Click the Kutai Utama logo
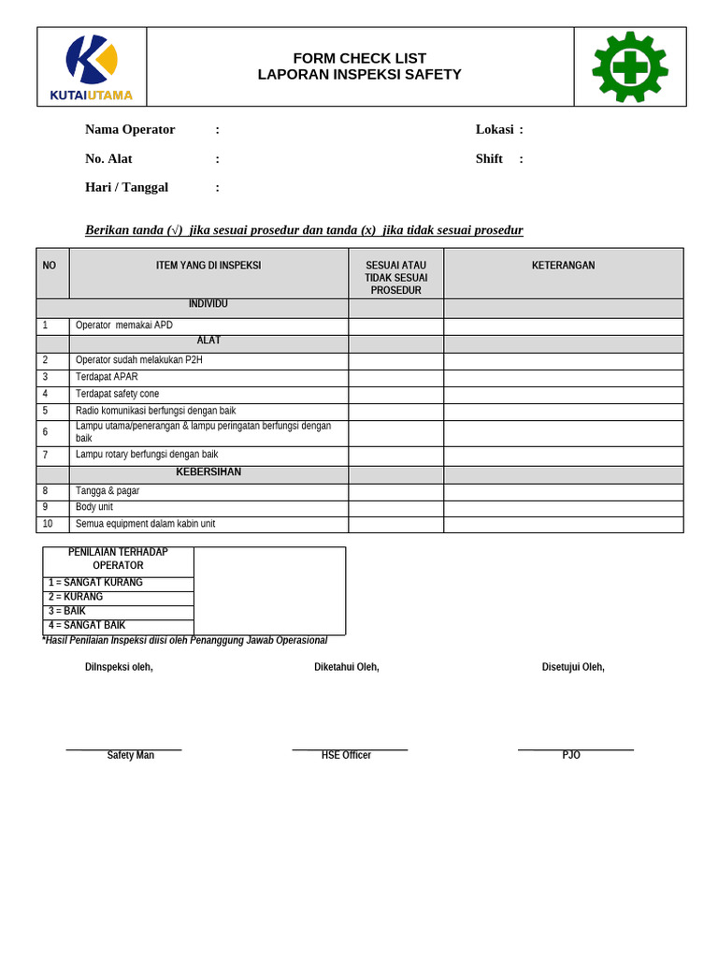(x=92, y=67)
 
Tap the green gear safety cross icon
(x=630, y=66)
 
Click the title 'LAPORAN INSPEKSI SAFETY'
(x=359, y=75)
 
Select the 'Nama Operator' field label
(x=130, y=130)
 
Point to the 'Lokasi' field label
(x=495, y=130)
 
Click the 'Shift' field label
(x=489, y=159)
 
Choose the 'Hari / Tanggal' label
(x=126, y=187)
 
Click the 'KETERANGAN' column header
(x=563, y=266)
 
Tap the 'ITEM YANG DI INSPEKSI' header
(x=208, y=266)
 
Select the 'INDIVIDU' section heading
(x=208, y=304)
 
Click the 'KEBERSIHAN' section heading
(x=208, y=472)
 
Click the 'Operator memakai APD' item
(x=123, y=326)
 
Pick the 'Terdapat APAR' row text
(x=107, y=377)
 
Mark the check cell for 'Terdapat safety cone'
(x=395, y=395)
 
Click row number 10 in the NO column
(x=48, y=524)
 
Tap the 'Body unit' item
(x=94, y=507)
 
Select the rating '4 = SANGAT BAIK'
(x=87, y=625)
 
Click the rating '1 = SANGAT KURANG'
(x=95, y=583)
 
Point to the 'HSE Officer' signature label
(x=346, y=755)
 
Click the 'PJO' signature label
(x=571, y=755)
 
